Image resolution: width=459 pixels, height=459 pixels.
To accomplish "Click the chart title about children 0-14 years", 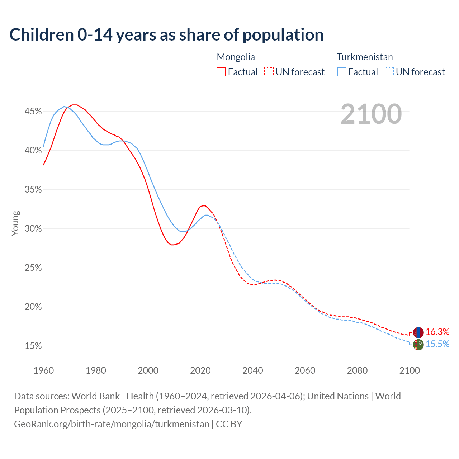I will point(166,35).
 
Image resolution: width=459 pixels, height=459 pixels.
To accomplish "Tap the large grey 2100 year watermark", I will point(371,114).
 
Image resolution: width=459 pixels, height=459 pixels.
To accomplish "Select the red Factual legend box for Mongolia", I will point(221,72).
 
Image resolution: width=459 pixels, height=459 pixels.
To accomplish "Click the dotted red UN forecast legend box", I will point(269,72).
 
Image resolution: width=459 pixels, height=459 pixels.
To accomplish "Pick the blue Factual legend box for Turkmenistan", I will point(342,72).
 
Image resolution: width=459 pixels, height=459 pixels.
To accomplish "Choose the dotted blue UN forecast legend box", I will point(389,72).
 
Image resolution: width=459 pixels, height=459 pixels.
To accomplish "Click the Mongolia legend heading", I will point(236,57).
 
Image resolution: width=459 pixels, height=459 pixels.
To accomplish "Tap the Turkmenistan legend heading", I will point(365,57).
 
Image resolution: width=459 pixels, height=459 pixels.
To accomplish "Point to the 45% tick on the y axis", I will point(33,112).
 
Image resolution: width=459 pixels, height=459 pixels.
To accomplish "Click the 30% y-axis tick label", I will point(33,229).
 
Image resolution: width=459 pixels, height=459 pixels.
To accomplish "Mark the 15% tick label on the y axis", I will point(33,346).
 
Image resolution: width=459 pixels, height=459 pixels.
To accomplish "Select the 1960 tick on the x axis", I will point(43,370).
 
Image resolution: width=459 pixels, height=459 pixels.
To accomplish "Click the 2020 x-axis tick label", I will point(200,370).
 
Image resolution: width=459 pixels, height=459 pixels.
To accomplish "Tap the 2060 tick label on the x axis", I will point(305,370).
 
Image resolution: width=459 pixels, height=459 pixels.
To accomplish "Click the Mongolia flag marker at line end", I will point(418,332).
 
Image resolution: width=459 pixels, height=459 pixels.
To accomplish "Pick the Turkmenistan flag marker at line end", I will point(418,345).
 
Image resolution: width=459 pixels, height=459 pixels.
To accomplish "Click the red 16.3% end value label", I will point(437,332).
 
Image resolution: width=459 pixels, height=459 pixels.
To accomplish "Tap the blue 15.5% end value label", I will point(437,344).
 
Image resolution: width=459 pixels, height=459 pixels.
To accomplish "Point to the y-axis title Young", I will point(15,223).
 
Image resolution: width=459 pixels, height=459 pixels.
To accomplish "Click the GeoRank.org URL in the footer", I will point(112,424).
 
